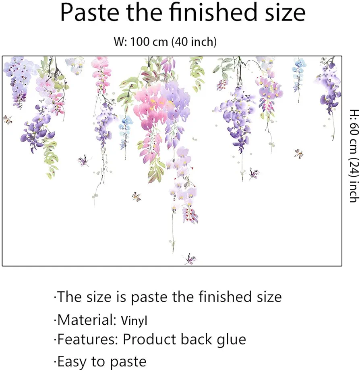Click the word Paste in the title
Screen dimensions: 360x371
coord(89,13)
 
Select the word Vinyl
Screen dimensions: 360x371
coord(134,321)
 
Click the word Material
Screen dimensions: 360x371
coord(85,320)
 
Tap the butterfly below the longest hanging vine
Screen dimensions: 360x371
coord(190,259)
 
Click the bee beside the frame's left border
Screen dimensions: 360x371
coord(8,120)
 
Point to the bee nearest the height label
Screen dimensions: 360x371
coord(299,154)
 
